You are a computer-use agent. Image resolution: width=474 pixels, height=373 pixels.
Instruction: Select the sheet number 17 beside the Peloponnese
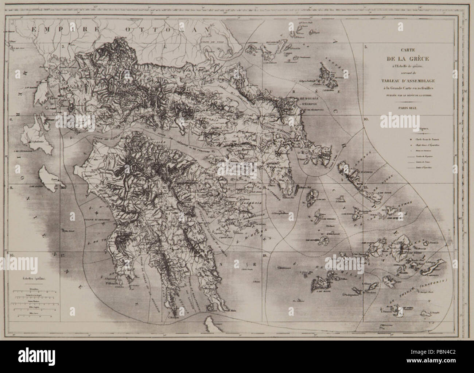[63, 255]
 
